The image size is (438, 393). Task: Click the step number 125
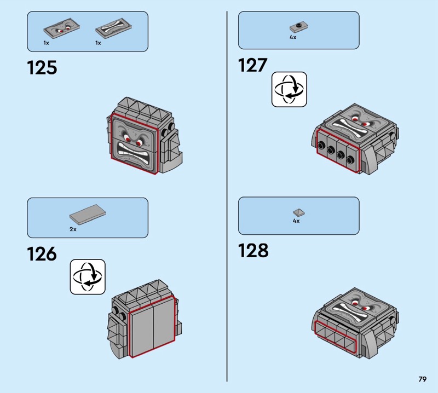[x=42, y=68]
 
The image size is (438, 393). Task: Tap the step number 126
[x=42, y=254]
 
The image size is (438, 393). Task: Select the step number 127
[x=252, y=66]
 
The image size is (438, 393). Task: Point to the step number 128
[x=253, y=251]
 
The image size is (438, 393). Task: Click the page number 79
[x=422, y=379]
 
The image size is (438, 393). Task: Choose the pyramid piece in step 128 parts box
[x=298, y=212]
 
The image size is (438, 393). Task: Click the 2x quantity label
[x=73, y=229]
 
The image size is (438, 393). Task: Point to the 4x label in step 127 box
[x=293, y=38]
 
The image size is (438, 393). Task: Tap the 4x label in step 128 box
[x=296, y=222]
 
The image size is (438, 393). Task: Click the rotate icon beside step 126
[x=88, y=276]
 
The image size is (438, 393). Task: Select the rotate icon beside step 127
[x=289, y=89]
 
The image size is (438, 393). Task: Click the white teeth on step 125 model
[x=136, y=150]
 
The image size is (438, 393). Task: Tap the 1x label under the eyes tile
[x=47, y=43]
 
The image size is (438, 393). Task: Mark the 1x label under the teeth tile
[x=99, y=43]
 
